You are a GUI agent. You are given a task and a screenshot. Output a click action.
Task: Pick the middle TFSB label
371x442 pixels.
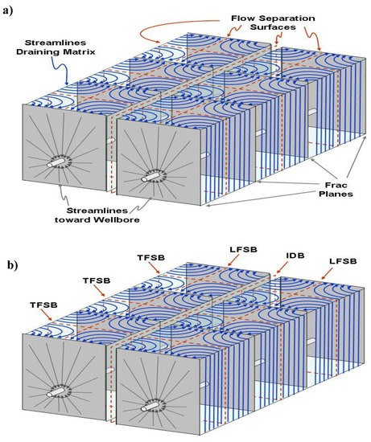[x=99, y=282]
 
